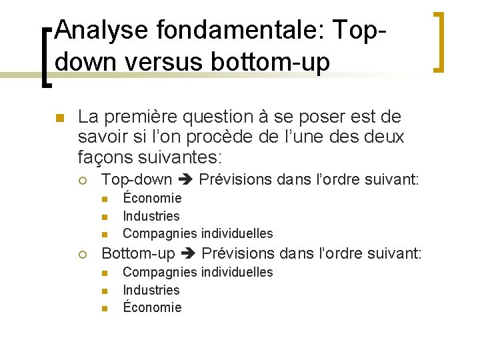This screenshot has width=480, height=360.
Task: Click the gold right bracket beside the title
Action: click(439, 41)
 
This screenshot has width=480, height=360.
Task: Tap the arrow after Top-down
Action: click(185, 180)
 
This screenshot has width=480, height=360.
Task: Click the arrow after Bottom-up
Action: click(188, 254)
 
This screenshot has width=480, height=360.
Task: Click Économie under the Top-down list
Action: click(152, 198)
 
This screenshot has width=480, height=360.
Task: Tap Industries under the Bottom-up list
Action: click(151, 290)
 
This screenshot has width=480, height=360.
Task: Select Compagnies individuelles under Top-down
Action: click(198, 234)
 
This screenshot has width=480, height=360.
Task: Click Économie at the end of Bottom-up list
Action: click(152, 307)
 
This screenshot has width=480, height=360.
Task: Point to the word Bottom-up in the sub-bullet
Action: click(138, 254)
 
